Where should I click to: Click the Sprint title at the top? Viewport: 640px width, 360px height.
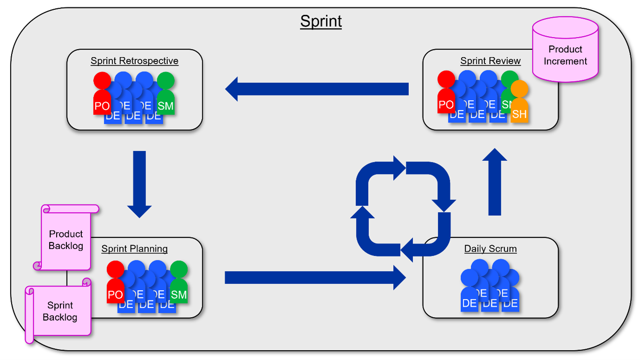321,21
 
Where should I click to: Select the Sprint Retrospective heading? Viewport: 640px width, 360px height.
134,61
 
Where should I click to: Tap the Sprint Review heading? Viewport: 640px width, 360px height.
490,61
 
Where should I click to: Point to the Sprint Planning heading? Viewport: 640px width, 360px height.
134,249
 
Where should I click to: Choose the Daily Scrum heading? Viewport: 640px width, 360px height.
490,249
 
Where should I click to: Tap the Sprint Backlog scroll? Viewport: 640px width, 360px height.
59,310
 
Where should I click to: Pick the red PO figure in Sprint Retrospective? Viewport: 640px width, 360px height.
102,95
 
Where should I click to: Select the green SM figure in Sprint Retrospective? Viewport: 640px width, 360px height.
165,95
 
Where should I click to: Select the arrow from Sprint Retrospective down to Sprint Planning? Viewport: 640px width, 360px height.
139,184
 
